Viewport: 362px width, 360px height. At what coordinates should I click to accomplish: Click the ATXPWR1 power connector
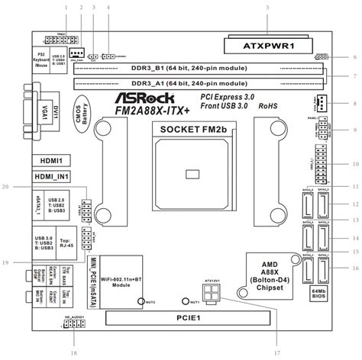(x=268, y=43)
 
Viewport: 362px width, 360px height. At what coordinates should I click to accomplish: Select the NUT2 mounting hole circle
(x=140, y=302)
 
